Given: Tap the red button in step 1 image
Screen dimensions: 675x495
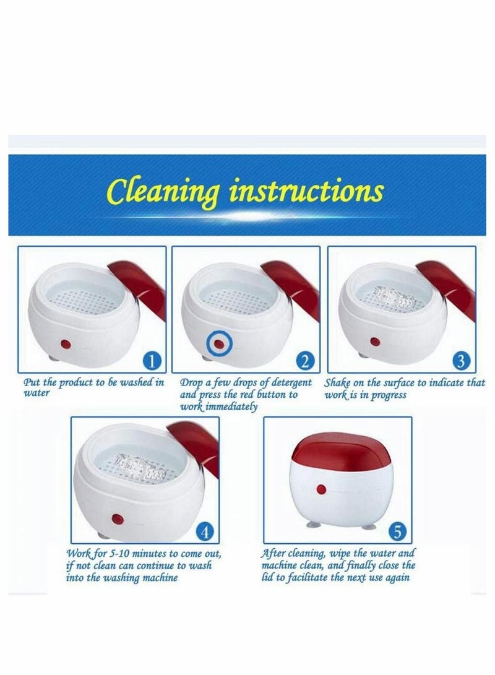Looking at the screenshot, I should (64, 342).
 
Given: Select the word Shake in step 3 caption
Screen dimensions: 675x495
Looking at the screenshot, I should (338, 383).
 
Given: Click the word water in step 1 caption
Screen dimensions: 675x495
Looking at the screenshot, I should (33, 393).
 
